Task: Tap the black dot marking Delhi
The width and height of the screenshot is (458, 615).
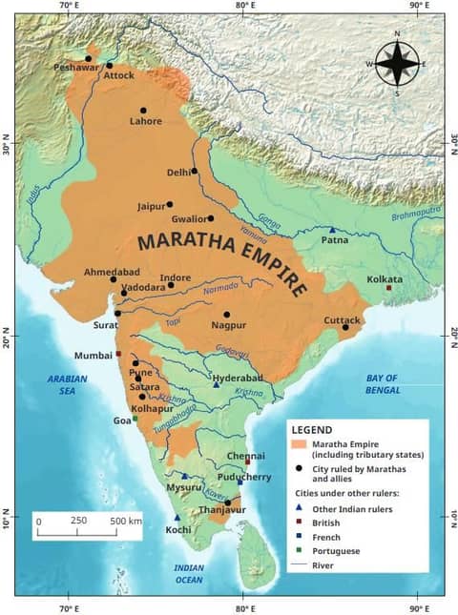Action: click(195, 172)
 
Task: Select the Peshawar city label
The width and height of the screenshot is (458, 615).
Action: click(75, 69)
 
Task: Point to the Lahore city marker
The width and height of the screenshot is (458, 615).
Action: click(143, 111)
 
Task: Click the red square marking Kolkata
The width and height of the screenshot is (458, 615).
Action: click(388, 288)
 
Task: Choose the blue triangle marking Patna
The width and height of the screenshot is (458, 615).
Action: click(332, 231)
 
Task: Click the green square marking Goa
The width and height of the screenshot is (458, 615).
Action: click(135, 419)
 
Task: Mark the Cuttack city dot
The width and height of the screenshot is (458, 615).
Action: click(345, 327)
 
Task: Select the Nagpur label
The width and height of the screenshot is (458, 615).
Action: click(228, 325)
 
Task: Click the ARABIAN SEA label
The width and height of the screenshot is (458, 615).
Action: click(68, 384)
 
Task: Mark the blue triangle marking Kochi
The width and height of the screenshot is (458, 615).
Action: click(177, 517)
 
